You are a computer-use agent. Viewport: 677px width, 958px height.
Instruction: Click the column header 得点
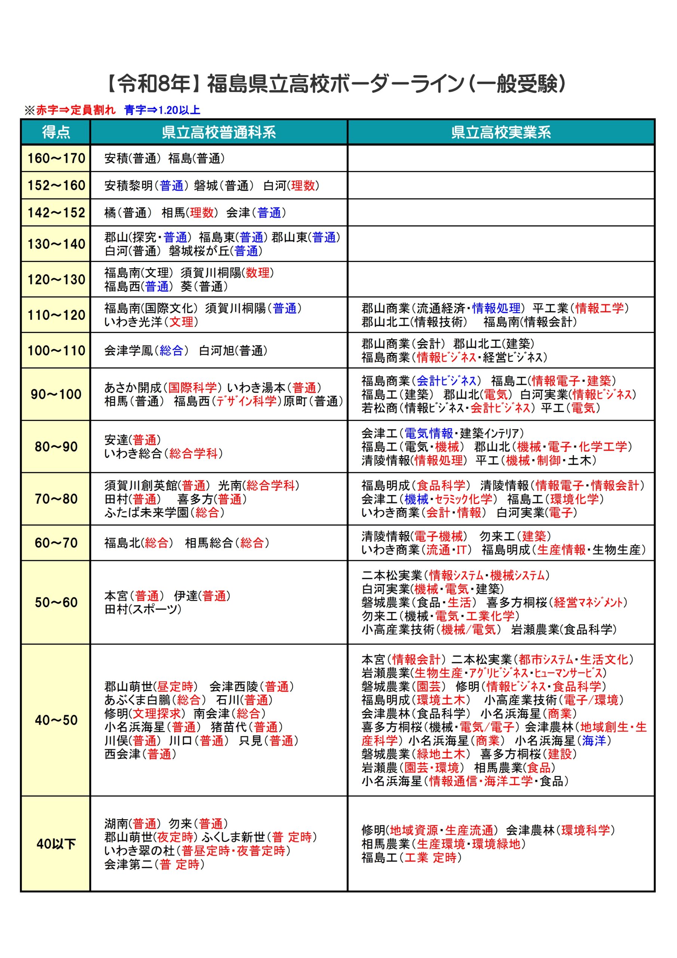click(55, 132)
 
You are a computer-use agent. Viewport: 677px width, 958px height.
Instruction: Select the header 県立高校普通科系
click(218, 132)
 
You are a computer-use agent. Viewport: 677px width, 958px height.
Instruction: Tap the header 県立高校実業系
click(500, 132)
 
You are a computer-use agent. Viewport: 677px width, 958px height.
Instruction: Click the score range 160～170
click(56, 159)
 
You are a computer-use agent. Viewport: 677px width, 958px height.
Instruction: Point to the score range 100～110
click(56, 351)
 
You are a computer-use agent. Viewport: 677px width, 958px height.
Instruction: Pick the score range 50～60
click(56, 602)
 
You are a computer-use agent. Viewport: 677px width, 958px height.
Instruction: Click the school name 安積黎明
click(128, 186)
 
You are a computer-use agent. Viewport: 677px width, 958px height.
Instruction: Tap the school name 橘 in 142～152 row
click(110, 213)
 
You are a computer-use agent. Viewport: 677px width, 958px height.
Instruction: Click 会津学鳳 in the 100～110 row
click(128, 351)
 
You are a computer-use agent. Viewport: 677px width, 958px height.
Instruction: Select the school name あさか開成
click(133, 388)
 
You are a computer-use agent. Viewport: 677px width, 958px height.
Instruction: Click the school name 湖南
click(116, 824)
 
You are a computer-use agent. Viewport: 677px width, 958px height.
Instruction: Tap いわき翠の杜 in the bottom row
click(139, 850)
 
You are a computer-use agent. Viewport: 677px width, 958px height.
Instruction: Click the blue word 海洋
click(594, 741)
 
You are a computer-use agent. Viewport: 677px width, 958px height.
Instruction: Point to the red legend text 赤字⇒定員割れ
click(76, 110)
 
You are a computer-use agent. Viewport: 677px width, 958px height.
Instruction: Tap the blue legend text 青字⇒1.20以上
click(162, 110)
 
